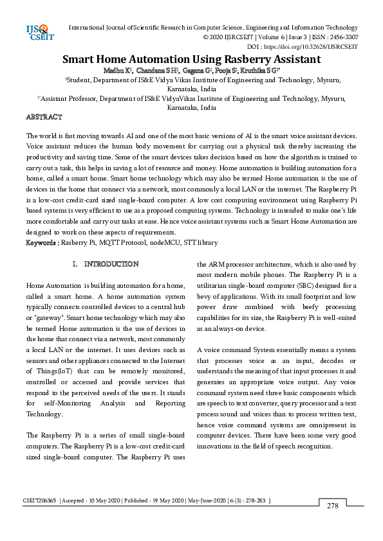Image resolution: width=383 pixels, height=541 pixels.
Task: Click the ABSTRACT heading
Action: click(x=44, y=118)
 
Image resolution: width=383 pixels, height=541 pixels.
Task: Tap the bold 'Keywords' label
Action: click(x=41, y=244)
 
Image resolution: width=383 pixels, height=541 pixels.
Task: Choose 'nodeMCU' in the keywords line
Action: click(x=163, y=244)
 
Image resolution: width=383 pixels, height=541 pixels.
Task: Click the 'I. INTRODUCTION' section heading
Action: click(x=106, y=265)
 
